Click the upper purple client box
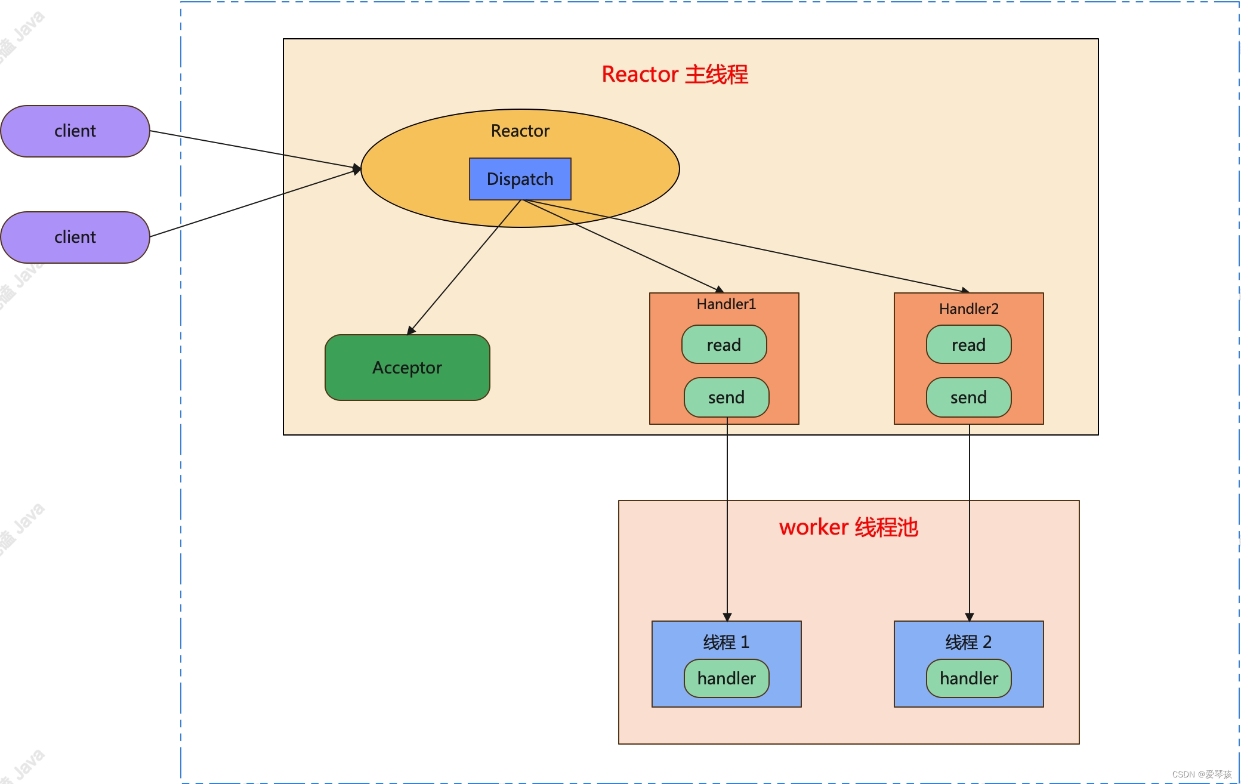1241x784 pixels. tap(75, 131)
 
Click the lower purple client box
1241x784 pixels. tap(75, 237)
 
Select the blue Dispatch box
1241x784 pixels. tap(520, 179)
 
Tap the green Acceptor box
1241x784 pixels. tap(408, 368)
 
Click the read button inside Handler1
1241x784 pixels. tap(724, 345)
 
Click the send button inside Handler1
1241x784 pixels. tap(726, 397)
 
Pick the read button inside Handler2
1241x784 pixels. tap(968, 345)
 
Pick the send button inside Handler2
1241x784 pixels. tap(968, 397)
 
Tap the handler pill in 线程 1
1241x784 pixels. tap(726, 678)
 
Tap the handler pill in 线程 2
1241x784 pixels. tap(968, 678)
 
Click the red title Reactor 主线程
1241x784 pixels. tap(675, 75)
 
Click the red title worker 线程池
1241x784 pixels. tap(848, 527)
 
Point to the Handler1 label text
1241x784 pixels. tap(726, 304)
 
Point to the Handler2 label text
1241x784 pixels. tap(968, 309)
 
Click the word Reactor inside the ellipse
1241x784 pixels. tap(520, 131)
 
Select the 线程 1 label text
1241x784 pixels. tap(726, 642)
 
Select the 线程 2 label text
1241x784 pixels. tap(968, 642)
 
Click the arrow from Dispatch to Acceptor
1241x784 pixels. tap(465, 266)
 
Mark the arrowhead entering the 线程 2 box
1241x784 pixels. tap(970, 617)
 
